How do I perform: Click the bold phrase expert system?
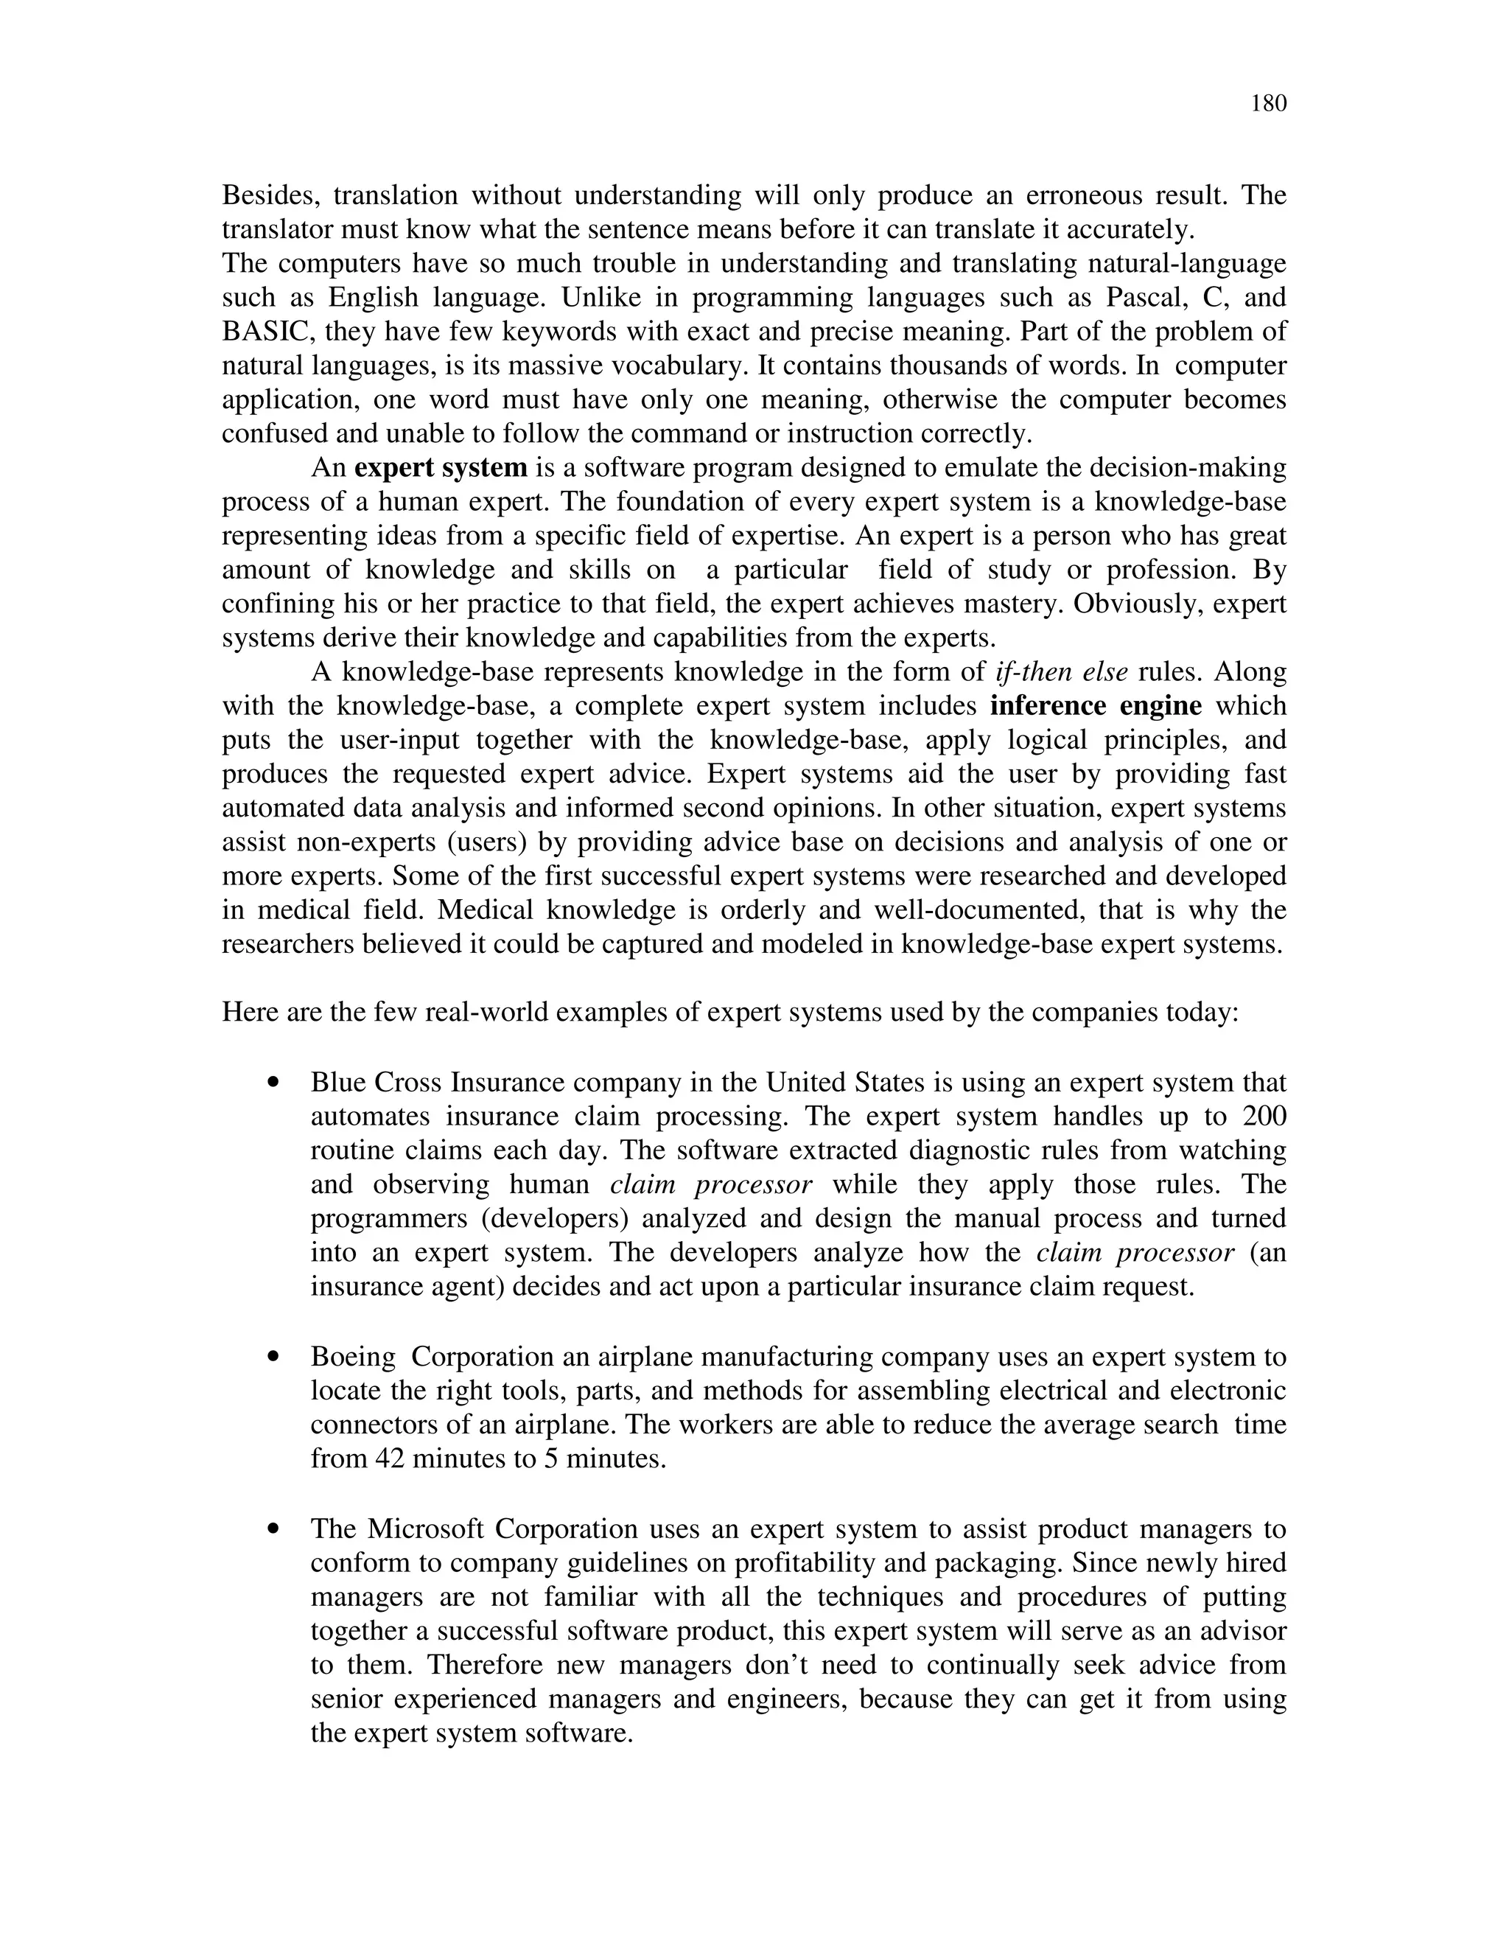441,468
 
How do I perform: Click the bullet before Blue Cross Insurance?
274,1083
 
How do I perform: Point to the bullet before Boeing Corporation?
274,1358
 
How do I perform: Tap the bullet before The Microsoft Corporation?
274,1529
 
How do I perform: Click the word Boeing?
353,1357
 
